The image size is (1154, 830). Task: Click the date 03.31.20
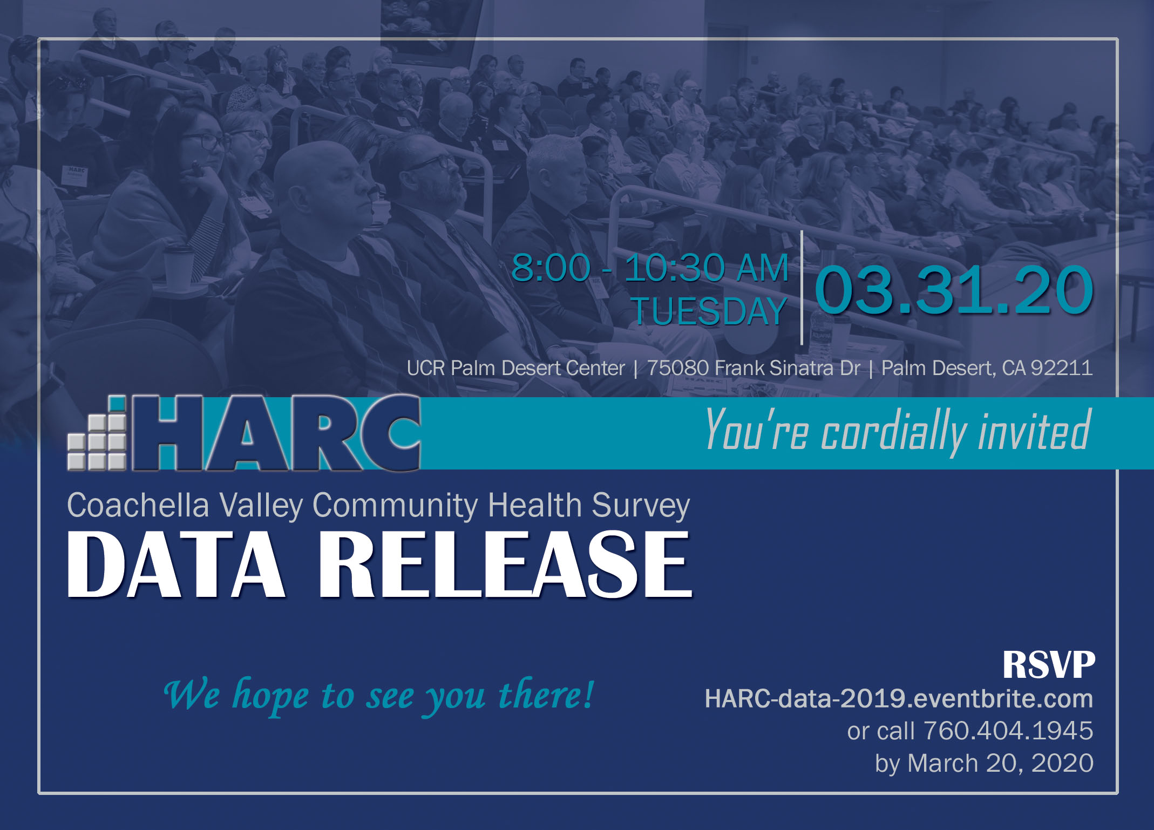click(954, 290)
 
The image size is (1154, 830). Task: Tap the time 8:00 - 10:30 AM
click(650, 268)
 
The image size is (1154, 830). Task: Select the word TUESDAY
click(709, 311)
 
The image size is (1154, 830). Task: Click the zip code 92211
click(1062, 368)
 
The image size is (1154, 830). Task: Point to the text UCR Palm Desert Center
click(515, 368)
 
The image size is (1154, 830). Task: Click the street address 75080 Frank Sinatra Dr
click(754, 368)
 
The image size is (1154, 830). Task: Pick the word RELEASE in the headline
click(505, 564)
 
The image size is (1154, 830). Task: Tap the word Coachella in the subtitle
click(138, 506)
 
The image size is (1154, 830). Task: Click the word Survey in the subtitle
click(641, 506)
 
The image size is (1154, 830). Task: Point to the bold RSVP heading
click(1049, 664)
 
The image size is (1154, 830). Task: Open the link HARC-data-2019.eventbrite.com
click(899, 699)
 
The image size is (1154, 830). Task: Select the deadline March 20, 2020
click(1001, 763)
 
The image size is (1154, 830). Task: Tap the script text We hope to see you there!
click(379, 696)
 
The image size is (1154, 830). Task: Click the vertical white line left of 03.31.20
click(802, 288)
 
